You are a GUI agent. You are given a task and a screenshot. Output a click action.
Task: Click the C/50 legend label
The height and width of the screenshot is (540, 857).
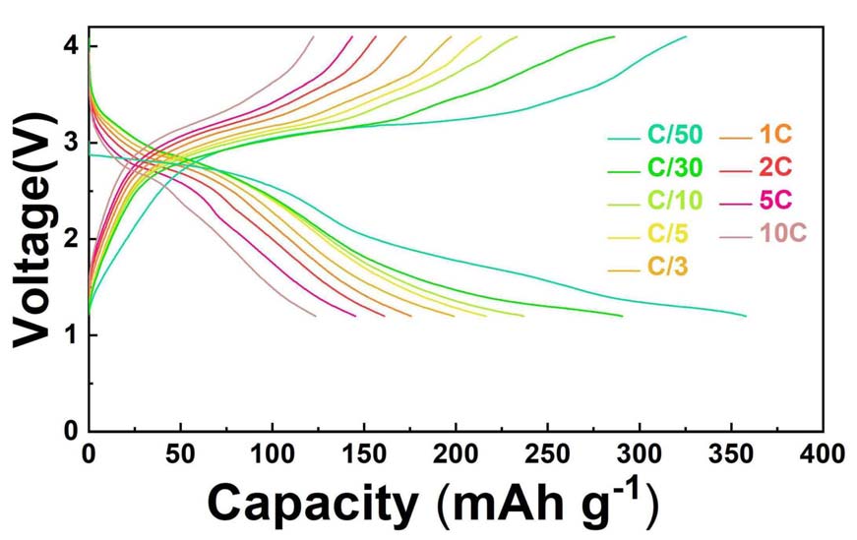(675, 139)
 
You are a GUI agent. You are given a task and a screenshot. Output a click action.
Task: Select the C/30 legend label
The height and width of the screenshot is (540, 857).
(675, 170)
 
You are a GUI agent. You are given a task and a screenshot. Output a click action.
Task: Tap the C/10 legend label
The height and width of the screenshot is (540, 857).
(675, 202)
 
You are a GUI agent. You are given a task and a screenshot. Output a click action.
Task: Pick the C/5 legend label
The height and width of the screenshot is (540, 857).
(669, 234)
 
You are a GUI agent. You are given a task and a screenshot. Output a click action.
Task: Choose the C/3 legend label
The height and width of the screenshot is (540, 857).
(669, 266)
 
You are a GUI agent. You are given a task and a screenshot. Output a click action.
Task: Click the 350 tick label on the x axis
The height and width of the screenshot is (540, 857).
(731, 453)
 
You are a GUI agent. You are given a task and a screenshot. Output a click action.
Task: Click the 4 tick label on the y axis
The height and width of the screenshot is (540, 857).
(71, 45)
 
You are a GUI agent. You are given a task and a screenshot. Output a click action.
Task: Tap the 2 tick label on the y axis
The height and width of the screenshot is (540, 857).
(71, 239)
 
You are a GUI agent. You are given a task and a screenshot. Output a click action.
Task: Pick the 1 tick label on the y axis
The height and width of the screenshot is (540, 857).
(71, 335)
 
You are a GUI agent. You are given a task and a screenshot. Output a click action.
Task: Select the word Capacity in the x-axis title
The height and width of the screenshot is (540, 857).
(312, 503)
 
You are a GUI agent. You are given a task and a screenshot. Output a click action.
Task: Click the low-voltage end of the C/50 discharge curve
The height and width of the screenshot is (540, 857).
(746, 316)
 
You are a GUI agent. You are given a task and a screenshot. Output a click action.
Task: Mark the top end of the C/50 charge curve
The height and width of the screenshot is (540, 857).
(686, 36)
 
